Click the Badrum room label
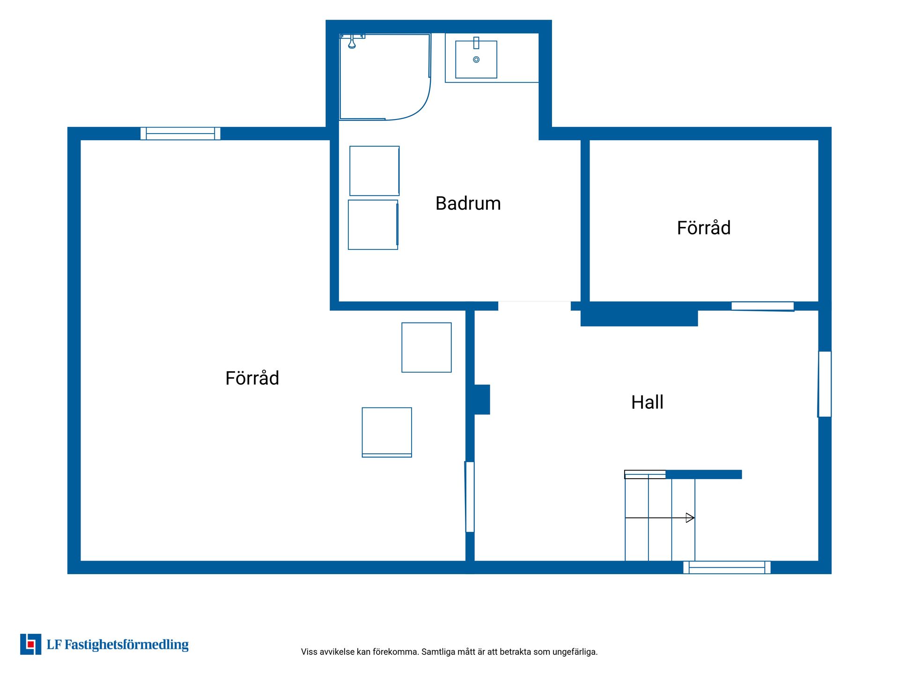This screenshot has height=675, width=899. [468, 203]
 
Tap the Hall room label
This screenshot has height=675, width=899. [647, 402]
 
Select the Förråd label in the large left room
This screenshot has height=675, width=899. [252, 377]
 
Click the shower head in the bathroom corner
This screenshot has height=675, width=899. [352, 43]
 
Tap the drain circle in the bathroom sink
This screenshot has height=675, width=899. [476, 60]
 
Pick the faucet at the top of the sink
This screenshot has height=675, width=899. [476, 43]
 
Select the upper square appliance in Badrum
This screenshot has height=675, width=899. [375, 171]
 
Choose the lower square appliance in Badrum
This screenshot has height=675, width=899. [373, 225]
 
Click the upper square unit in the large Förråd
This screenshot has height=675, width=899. [427, 347]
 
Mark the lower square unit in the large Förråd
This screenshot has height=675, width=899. [387, 432]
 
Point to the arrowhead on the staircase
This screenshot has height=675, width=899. [690, 517]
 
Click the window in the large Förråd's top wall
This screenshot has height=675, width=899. [180, 134]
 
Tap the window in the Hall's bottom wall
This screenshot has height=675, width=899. [727, 567]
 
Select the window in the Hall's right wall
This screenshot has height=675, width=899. [825, 384]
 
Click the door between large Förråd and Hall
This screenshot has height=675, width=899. [470, 497]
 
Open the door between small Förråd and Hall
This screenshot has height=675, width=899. [763, 307]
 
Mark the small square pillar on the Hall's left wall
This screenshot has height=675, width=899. [482, 399]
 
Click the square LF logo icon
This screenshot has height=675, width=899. [30, 644]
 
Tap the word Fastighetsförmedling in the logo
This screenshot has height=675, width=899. [126, 645]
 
